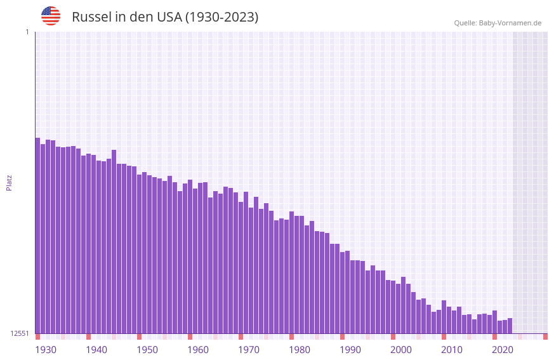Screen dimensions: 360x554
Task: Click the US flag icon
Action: [x=51, y=16]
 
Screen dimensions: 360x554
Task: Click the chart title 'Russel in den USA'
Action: [x=165, y=17]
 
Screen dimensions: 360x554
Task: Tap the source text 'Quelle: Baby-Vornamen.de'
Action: [x=498, y=23]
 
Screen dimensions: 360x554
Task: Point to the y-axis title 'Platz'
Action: [x=9, y=182]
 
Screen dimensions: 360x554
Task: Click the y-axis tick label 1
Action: [x=27, y=32]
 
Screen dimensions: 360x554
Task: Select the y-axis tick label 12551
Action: [x=19, y=333]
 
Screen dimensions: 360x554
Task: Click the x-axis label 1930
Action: [x=46, y=350]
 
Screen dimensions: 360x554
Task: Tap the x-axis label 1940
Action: [x=96, y=350]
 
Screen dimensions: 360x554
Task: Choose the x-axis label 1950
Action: [x=147, y=350]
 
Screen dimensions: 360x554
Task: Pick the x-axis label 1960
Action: [x=198, y=350]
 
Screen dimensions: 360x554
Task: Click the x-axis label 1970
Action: [x=249, y=350]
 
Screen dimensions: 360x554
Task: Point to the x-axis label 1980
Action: [x=300, y=350]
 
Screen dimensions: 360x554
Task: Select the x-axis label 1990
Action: [x=350, y=350]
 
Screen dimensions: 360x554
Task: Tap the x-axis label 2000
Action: [x=401, y=350]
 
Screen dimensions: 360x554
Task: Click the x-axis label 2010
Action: [x=452, y=350]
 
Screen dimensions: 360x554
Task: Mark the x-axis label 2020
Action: [x=503, y=350]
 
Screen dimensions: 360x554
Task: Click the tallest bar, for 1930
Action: [x=37, y=235]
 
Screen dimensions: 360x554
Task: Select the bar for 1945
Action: [x=114, y=241]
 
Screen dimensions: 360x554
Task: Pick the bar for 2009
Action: [x=439, y=321]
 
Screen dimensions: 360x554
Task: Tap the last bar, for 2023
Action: [x=510, y=326]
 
